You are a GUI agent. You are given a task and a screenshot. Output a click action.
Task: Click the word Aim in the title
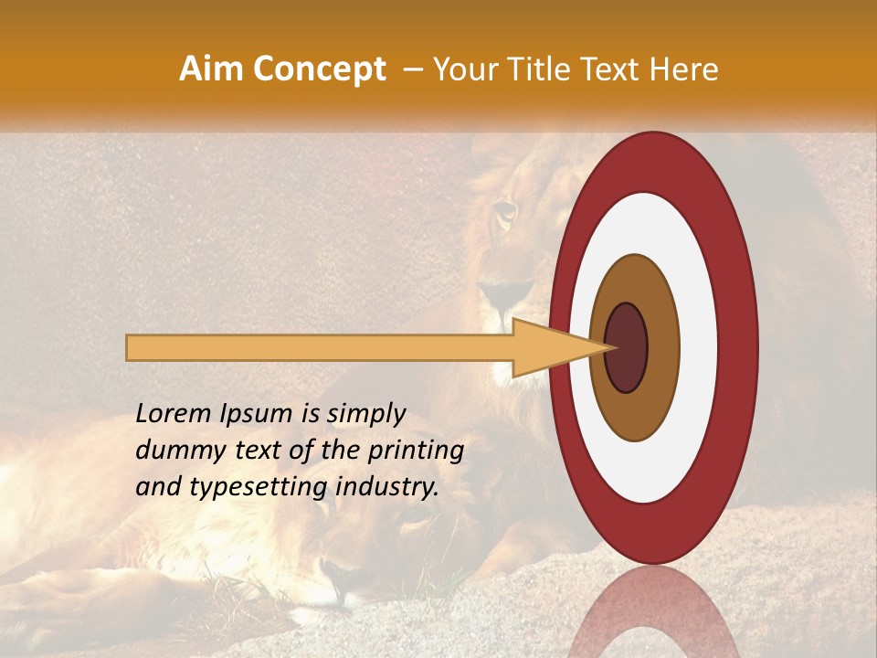(210, 69)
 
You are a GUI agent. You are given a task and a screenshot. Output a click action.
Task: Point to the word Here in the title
(683, 69)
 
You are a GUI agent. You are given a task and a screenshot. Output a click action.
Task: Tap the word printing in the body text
(416, 451)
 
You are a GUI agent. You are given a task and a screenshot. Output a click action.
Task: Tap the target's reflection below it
(653, 612)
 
